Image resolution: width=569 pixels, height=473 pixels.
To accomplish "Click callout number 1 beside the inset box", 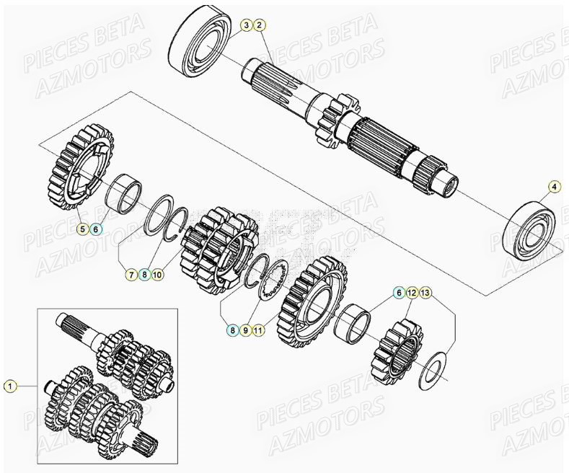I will pos(9,386).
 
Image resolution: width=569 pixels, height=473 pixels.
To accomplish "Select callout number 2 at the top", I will pos(260,26).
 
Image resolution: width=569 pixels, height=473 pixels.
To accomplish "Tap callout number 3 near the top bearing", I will pos(246,26).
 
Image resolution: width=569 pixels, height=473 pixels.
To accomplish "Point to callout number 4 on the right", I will pos(554,187).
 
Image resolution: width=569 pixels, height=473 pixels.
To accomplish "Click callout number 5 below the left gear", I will pos(84,229).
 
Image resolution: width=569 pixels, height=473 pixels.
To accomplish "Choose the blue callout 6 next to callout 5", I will pos(97,229).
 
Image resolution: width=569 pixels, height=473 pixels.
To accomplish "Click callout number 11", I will pos(260,330).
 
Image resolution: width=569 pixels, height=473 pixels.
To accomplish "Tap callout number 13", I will pos(425,293).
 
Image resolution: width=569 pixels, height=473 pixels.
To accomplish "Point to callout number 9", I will pos(246,330).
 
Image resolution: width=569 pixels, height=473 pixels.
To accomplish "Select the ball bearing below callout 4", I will pos(531,230).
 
